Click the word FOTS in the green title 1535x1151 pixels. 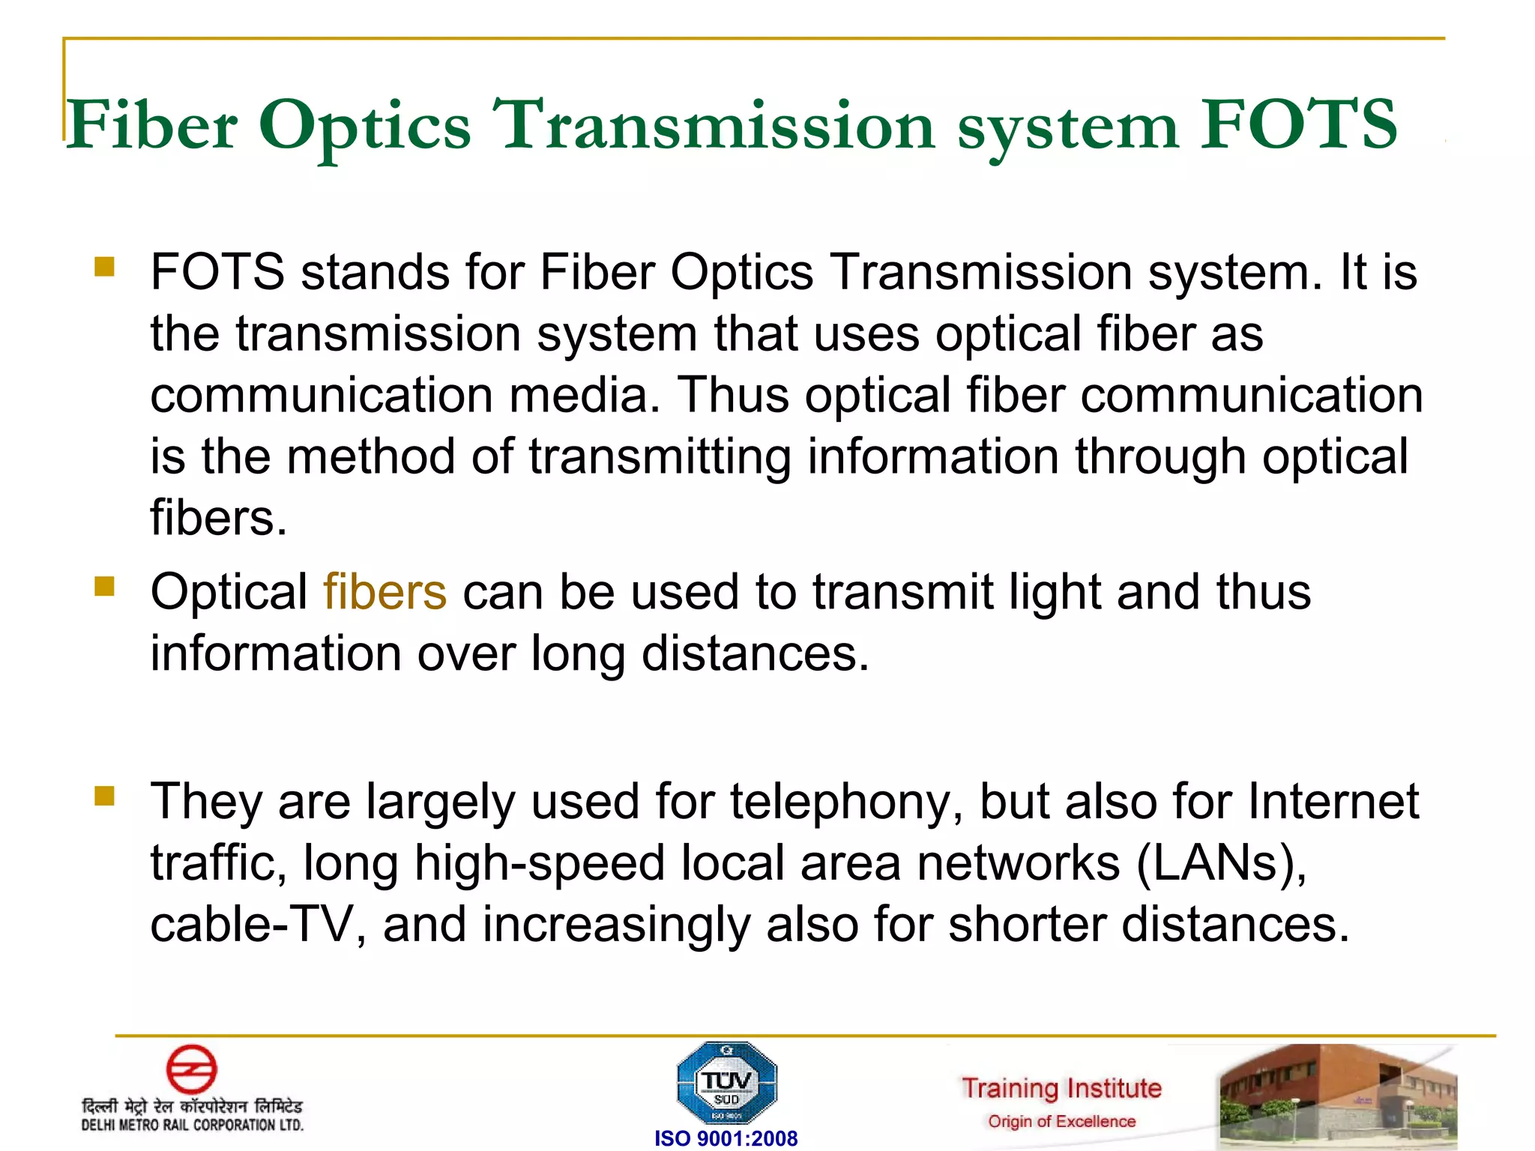(x=1298, y=124)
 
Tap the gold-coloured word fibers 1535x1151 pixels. (x=385, y=592)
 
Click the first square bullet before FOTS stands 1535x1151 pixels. (x=105, y=267)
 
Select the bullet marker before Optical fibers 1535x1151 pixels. (x=105, y=586)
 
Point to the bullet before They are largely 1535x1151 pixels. (x=105, y=795)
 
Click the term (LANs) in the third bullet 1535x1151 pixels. (x=1221, y=863)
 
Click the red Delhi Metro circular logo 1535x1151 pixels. (x=191, y=1069)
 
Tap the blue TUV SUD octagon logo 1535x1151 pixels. (x=726, y=1083)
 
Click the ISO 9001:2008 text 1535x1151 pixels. (x=726, y=1138)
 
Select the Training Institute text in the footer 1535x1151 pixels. (x=1061, y=1088)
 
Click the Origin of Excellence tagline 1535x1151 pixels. (x=1061, y=1122)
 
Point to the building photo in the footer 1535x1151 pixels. (x=1338, y=1094)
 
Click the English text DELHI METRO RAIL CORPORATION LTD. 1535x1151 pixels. (x=193, y=1125)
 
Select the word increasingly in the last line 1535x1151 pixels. (x=616, y=925)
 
